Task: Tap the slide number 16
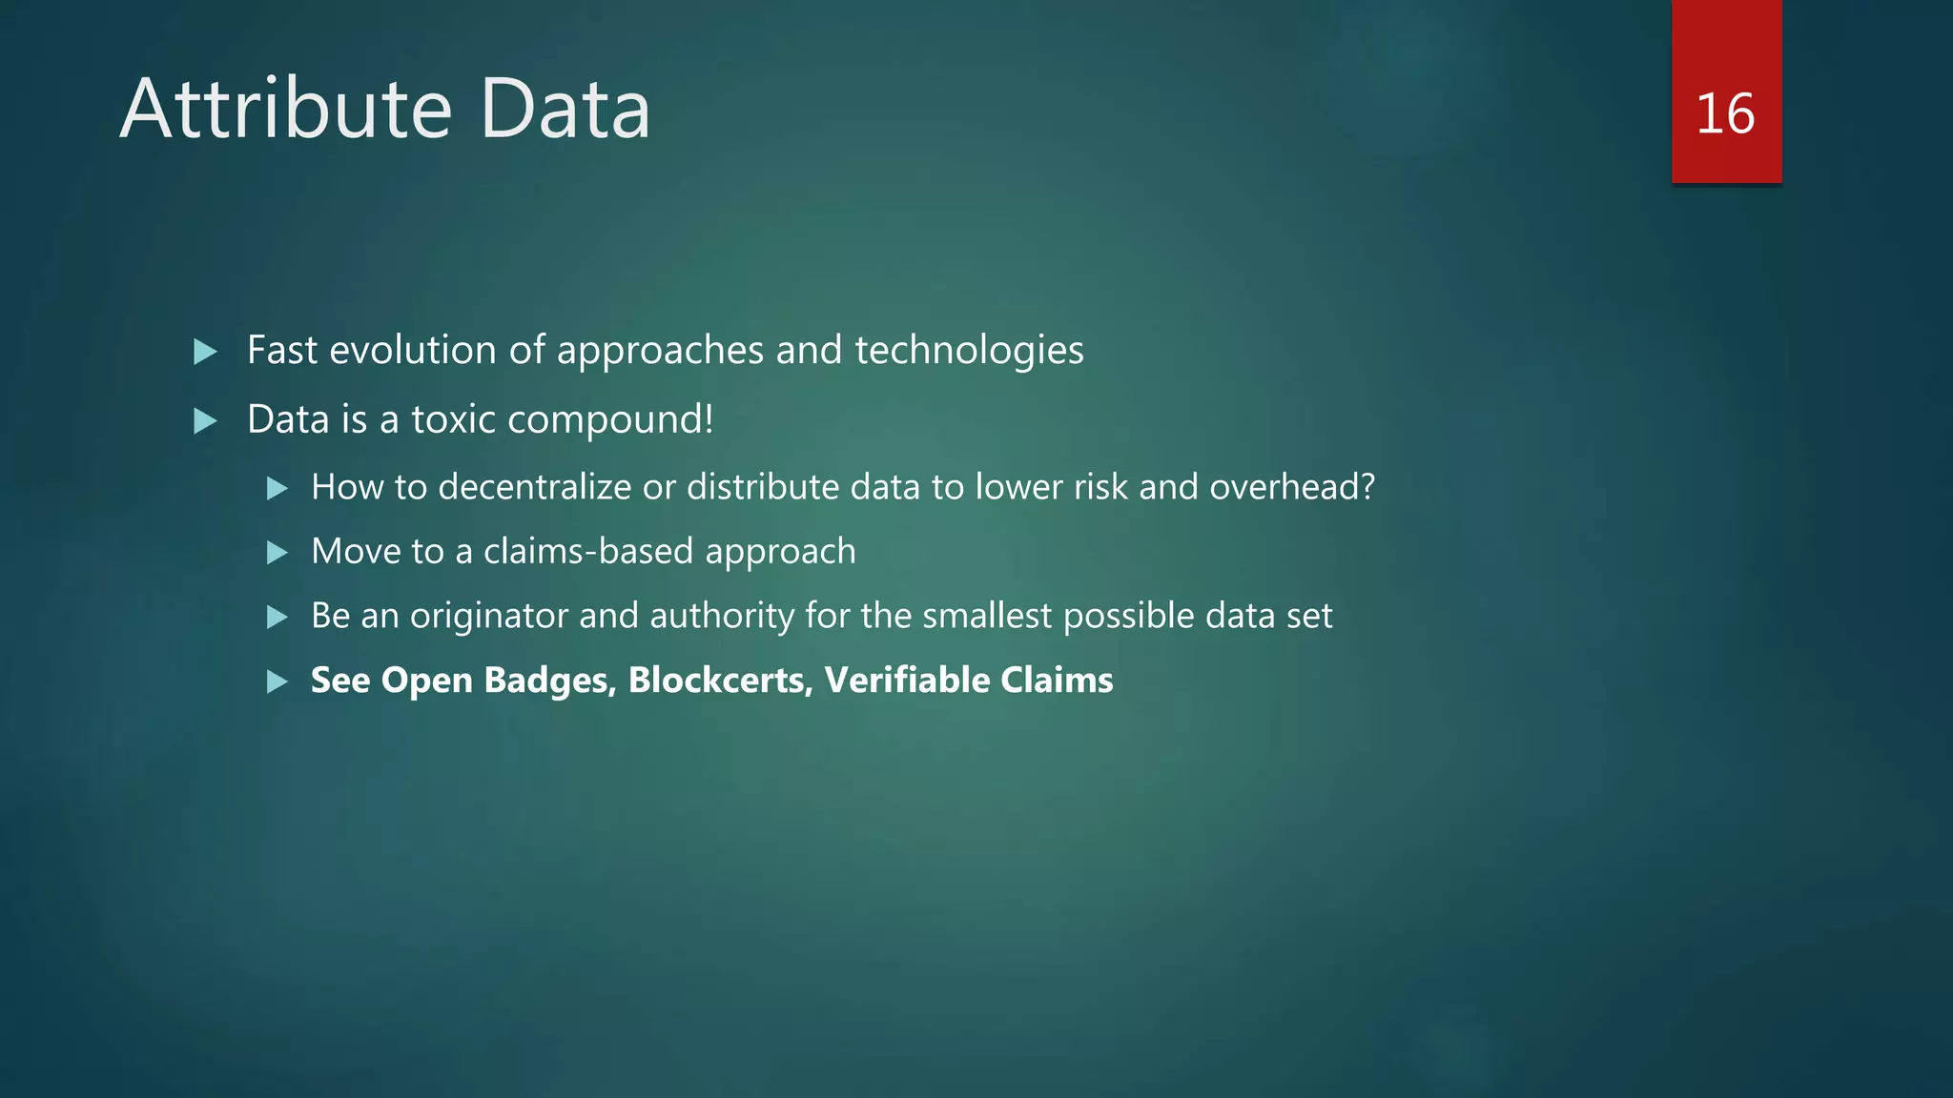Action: (1725, 113)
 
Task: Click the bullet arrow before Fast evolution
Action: (205, 352)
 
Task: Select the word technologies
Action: (969, 351)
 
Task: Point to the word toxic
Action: (454, 419)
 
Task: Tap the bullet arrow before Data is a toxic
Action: (205, 420)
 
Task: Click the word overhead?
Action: (1292, 487)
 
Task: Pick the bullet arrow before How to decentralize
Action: (277, 489)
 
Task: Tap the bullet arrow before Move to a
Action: (277, 553)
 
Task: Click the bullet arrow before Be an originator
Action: (277, 618)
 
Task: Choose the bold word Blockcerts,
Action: (720, 681)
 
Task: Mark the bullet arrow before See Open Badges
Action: (277, 681)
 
